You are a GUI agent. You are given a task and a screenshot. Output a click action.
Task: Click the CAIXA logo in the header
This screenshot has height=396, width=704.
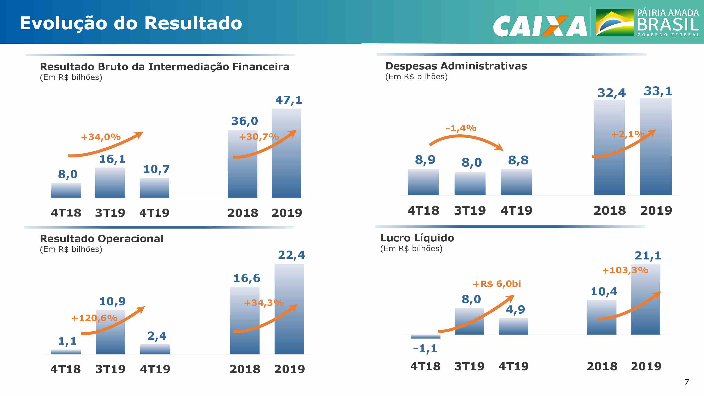540,26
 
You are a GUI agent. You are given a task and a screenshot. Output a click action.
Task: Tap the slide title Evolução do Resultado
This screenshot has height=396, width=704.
131,23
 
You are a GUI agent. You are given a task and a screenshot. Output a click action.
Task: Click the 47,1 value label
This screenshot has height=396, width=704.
289,100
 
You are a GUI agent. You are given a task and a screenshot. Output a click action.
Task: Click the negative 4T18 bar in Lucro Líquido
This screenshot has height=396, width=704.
425,337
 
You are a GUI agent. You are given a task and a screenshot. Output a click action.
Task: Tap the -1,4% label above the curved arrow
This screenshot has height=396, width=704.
461,128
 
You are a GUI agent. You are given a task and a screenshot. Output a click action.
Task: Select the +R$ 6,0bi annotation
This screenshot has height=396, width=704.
497,284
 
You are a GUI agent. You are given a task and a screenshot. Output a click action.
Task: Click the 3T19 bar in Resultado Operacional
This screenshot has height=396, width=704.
110,332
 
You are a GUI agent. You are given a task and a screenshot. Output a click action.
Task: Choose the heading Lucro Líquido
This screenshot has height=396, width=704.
417,238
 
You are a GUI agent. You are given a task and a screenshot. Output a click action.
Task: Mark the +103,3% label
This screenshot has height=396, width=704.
625,270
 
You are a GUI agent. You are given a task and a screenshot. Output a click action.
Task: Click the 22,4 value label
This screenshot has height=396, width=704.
291,255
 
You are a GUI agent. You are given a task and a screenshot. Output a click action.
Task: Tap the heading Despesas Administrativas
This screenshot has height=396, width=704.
456,66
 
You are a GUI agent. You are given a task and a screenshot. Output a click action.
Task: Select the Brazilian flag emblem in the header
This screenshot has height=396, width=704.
615,23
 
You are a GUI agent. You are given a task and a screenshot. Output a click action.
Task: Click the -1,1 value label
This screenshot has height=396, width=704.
425,349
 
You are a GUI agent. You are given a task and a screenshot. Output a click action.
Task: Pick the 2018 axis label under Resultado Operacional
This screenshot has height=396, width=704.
245,369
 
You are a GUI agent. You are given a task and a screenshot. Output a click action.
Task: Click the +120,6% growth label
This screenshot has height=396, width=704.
94,318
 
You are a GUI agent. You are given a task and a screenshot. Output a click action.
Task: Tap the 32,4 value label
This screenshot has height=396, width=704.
611,93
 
